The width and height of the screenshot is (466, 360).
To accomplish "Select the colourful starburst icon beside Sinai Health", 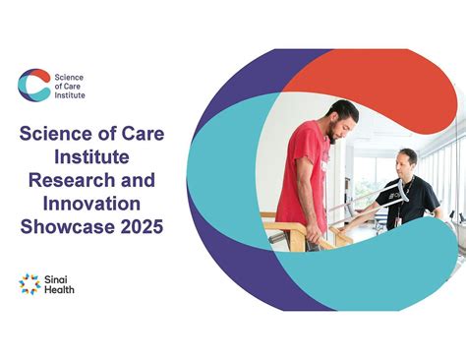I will click(29, 283).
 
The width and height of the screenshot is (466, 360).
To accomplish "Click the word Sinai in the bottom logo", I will click(57, 278).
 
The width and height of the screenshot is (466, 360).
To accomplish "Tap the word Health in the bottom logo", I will click(59, 290).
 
